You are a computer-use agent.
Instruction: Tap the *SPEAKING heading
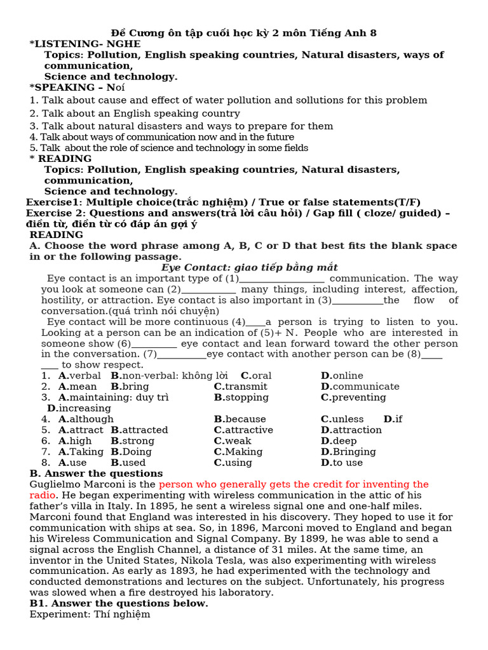pos(77,87)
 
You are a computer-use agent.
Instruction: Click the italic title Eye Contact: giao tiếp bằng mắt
pos(249,267)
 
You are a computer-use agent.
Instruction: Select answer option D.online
pos(342,376)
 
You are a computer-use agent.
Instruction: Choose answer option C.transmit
pos(240,387)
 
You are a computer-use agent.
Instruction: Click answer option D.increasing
pos(79,408)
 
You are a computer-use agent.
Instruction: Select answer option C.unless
pos(342,419)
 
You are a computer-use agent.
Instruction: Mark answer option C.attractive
pos(243,430)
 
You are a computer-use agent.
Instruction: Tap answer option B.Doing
pos(131,451)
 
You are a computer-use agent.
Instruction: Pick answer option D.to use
pos(342,462)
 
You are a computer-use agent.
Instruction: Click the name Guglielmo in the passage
pos(55,484)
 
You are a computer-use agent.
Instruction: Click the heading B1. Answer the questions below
pos(119,604)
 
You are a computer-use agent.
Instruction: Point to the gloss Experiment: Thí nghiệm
pos(90,614)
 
